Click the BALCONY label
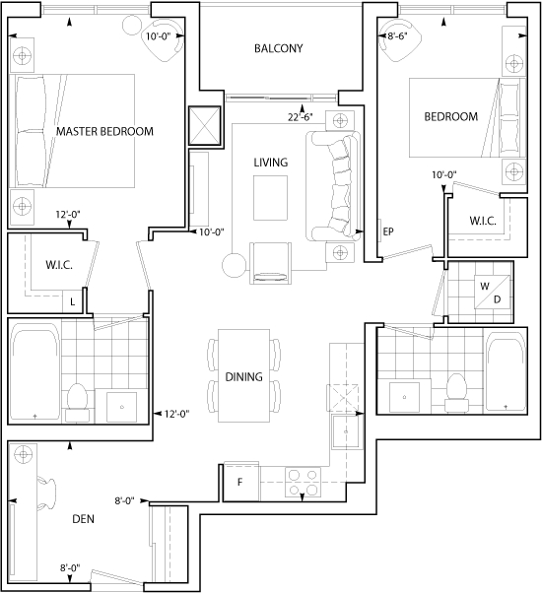pyautogui.click(x=278, y=48)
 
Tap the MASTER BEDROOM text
pyautogui.click(x=104, y=131)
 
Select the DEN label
pyautogui.click(x=83, y=519)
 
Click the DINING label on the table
pyautogui.click(x=243, y=376)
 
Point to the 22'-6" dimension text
pyautogui.click(x=301, y=117)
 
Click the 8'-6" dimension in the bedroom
pyautogui.click(x=397, y=35)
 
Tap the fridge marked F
pyautogui.click(x=240, y=482)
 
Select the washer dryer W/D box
pyautogui.click(x=493, y=292)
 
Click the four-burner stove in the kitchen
pyautogui.click(x=303, y=483)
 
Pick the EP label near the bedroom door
pyautogui.click(x=388, y=231)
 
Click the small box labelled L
pyautogui.click(x=73, y=301)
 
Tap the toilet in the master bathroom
pyautogui.click(x=78, y=402)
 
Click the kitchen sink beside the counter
pyautogui.click(x=347, y=431)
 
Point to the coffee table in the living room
pyautogui.click(x=270, y=198)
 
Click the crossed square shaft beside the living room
pyautogui.click(x=204, y=125)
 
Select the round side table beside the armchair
pyautogui.click(x=235, y=266)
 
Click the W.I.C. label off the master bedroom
pyautogui.click(x=59, y=264)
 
